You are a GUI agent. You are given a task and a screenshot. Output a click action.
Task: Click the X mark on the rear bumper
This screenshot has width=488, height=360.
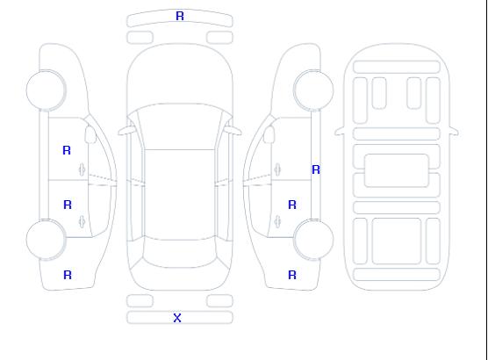177,318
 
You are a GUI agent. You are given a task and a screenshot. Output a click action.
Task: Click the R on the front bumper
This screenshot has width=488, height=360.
180,16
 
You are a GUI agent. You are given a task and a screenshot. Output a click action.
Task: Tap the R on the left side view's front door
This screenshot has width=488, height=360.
67,150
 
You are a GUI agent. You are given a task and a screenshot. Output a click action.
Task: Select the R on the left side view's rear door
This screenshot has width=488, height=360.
68,205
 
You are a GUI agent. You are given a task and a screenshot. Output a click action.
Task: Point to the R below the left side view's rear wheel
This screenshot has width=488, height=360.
68,275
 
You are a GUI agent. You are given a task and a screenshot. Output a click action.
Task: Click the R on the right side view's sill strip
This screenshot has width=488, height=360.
316,169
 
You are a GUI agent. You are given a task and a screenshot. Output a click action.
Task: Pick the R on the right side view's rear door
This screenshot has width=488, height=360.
292,205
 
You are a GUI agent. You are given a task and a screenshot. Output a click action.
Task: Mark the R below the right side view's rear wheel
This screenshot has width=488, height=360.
292,275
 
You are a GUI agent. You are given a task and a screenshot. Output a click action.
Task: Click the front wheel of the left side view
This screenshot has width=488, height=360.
46,90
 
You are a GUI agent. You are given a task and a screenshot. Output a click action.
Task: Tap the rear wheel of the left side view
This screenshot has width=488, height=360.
46,240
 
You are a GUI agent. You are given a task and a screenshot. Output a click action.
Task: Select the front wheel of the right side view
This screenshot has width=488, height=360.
313,90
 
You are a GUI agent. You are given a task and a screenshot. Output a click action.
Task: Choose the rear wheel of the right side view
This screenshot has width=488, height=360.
313,240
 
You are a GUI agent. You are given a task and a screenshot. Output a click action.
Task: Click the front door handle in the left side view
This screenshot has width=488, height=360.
83,169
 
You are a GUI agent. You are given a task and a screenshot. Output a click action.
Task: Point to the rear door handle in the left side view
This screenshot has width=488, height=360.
83,221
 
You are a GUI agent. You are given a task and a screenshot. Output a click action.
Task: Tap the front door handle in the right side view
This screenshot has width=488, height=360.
277,169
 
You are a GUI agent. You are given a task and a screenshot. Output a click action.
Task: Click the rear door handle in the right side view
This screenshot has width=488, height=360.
277,221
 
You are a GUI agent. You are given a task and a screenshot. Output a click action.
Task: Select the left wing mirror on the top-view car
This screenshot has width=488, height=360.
126,131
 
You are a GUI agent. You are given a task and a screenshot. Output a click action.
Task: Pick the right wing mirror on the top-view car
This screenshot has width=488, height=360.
233,131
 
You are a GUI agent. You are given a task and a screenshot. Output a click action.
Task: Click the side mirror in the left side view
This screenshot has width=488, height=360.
90,134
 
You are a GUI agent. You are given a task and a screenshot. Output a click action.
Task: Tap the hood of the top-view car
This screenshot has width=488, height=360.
180,75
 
